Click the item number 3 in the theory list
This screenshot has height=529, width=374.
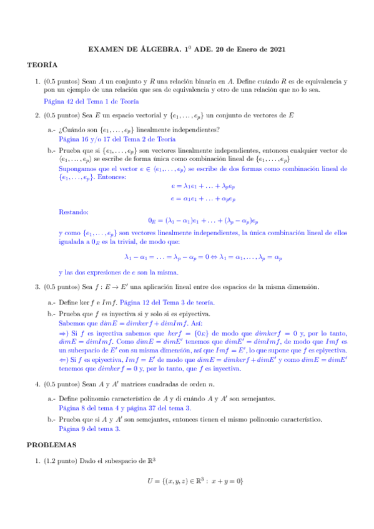point(38,287)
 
